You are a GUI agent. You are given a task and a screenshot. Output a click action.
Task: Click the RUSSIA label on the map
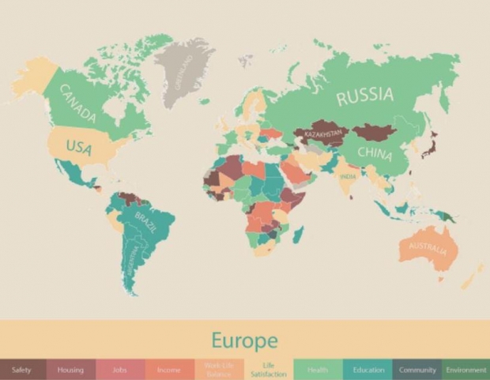pos(364,96)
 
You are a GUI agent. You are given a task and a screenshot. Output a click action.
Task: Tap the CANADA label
pos(77,104)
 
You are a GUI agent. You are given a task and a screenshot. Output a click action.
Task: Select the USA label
pos(79,148)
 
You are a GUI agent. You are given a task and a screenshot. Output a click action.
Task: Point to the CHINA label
pos(374,152)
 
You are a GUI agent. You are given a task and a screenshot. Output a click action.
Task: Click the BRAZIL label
pos(147,220)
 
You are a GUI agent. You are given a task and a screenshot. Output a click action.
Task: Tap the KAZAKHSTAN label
pos(324,134)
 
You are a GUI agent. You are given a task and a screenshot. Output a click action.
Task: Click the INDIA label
pos(347,177)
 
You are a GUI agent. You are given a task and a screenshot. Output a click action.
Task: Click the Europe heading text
pos(244,340)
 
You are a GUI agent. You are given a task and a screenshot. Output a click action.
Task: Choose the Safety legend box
pos(22,370)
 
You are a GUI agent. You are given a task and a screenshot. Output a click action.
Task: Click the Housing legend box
pos(70,370)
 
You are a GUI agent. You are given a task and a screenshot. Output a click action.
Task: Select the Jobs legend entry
pos(119,370)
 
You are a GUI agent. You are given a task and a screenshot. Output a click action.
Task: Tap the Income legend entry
pos(168,370)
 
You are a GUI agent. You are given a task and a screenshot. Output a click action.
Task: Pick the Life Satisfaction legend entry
pos(268,370)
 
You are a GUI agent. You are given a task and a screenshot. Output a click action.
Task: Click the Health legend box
pos(317,370)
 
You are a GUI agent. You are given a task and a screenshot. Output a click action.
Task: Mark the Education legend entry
pos(367,370)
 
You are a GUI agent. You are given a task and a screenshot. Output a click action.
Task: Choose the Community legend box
pos(417,370)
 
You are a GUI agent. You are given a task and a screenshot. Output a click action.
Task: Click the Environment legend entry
pos(465,370)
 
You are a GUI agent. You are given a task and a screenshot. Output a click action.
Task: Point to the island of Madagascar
pos(299,234)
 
